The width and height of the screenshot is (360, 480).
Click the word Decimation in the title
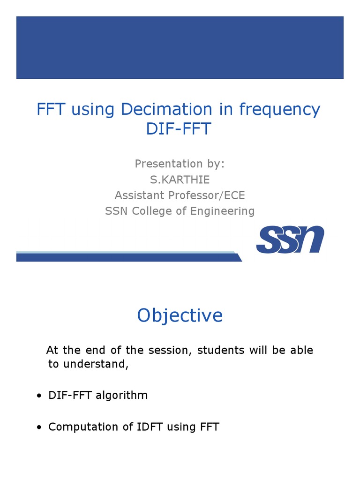pos(167,110)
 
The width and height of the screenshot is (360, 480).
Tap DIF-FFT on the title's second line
pos(179,128)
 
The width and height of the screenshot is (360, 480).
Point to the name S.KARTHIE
pos(180,180)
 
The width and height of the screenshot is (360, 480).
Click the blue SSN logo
pos(290,240)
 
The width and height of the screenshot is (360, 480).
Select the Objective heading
pos(180,315)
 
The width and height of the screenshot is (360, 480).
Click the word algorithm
pos(122,395)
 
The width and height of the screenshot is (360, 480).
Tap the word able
pos(301,350)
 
